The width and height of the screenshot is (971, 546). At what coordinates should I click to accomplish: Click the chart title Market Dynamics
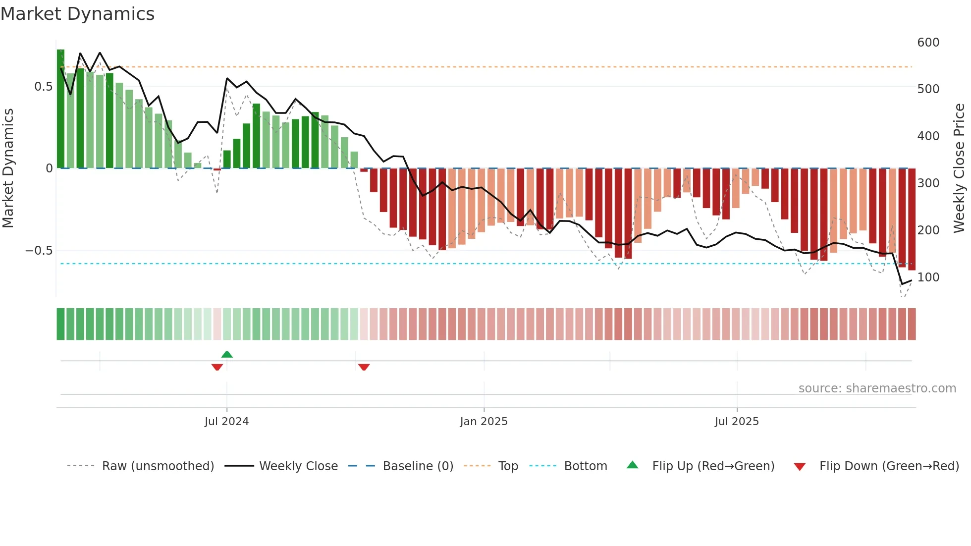pos(77,14)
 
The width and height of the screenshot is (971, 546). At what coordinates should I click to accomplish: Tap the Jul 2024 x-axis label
pos(226,422)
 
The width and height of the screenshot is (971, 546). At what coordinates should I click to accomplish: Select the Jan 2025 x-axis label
pos(484,422)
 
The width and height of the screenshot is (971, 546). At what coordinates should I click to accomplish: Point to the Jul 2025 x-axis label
pos(736,422)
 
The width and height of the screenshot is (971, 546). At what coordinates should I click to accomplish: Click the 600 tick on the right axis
pos(928,43)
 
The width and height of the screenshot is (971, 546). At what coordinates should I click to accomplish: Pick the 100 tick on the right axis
pos(928,277)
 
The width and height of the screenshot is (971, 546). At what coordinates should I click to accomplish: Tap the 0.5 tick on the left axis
pos(43,87)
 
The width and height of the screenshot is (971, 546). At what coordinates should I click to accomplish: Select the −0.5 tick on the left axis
pos(39,251)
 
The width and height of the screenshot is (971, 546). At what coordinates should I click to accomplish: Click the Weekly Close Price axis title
pos(959,168)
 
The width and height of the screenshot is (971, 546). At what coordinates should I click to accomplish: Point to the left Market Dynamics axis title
pos(8,168)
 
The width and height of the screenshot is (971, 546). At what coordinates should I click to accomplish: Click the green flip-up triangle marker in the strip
pos(227,354)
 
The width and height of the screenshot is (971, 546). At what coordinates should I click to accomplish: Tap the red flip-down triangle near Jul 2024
pos(217,367)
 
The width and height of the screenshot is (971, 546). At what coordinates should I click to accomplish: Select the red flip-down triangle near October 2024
pos(364,367)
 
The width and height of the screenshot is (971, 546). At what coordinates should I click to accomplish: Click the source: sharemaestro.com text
pos(877,388)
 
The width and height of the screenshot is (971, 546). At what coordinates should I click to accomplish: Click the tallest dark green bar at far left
pos(60,109)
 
